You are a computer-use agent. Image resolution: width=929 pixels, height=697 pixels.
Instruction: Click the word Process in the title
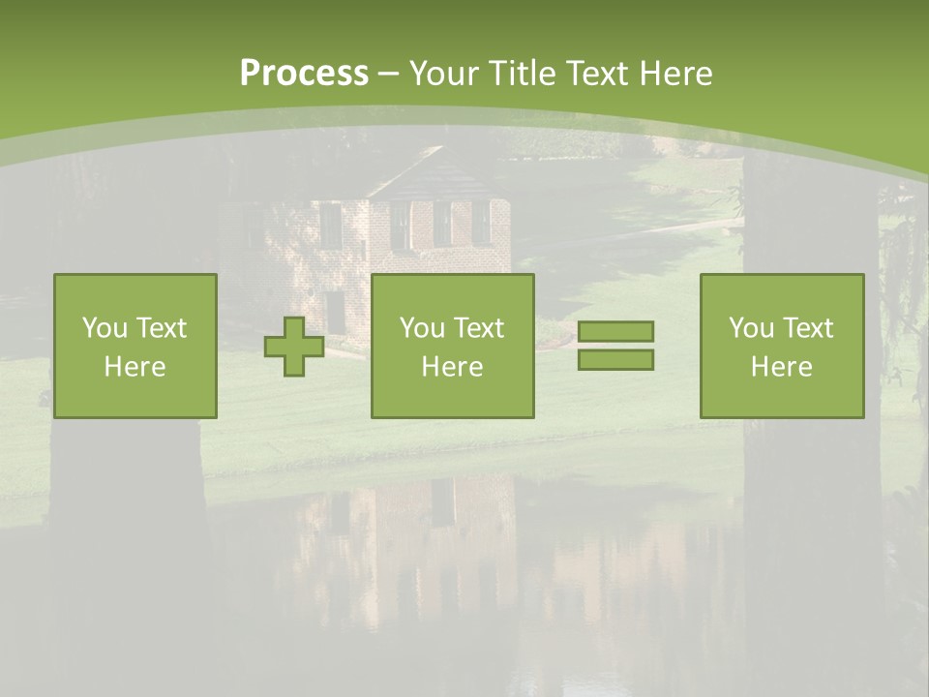pyautogui.click(x=304, y=74)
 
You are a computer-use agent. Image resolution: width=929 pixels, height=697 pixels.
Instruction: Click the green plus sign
pyautogui.click(x=294, y=347)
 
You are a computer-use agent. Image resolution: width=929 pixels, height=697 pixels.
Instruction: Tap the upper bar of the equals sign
pyautogui.click(x=615, y=331)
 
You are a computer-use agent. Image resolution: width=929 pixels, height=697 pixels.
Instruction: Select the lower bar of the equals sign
pyautogui.click(x=615, y=360)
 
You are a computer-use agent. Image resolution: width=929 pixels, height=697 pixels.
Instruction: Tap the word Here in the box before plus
pyautogui.click(x=135, y=367)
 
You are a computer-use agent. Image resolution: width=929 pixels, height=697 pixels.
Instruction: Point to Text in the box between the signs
pyautogui.click(x=480, y=328)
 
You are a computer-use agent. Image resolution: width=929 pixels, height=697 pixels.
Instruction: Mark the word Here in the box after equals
pyautogui.click(x=782, y=367)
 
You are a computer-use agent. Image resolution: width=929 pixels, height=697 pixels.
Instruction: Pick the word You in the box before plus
pyautogui.click(x=105, y=328)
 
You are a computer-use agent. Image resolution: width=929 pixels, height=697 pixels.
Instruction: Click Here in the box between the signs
pyautogui.click(x=453, y=367)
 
